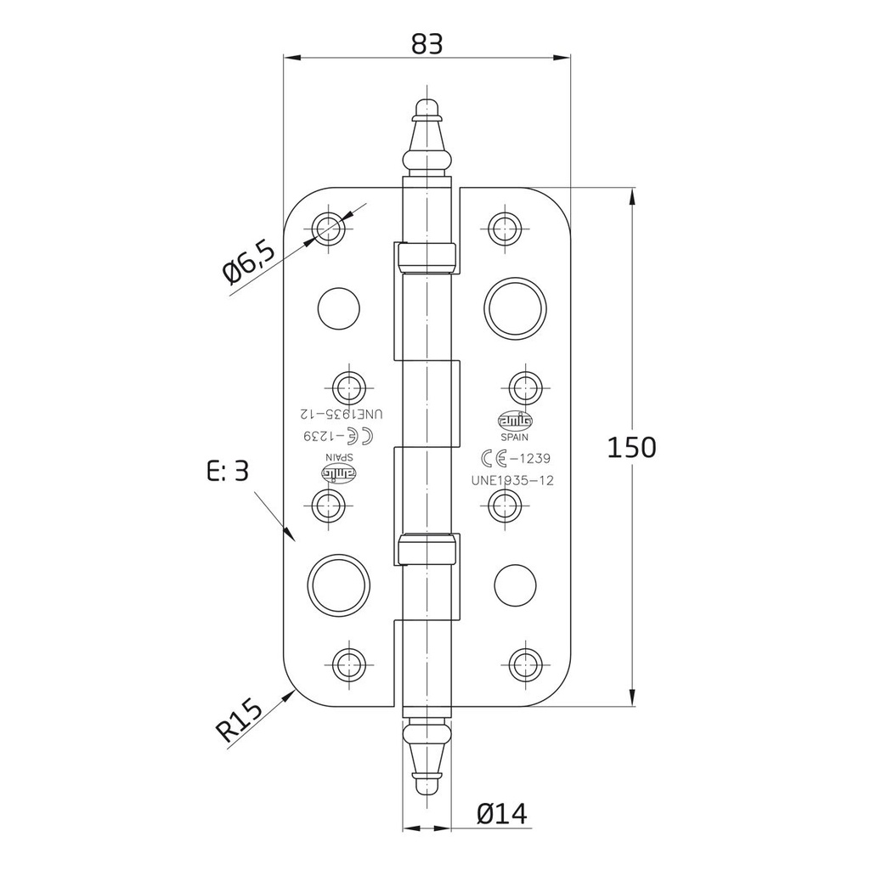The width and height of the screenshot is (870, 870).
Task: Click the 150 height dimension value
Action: pyautogui.click(x=631, y=447)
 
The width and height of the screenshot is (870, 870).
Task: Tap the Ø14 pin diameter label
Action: pyautogui.click(x=501, y=813)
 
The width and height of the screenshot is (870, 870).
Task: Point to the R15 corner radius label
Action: pyautogui.click(x=240, y=719)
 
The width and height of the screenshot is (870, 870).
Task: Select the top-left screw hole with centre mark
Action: pyautogui.click(x=330, y=227)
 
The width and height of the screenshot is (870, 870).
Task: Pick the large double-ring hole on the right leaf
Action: pyautogui.click(x=514, y=307)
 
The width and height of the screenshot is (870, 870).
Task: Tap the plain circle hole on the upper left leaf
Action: pyautogui.click(x=338, y=308)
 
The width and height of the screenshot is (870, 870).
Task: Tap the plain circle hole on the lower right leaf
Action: pyautogui.click(x=515, y=585)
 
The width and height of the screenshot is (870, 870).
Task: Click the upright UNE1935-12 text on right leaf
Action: pyautogui.click(x=512, y=480)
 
